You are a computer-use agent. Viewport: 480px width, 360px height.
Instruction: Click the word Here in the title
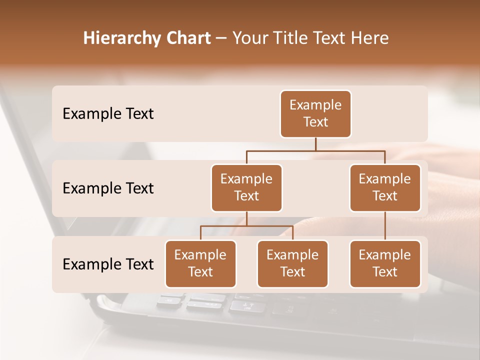pos(370,38)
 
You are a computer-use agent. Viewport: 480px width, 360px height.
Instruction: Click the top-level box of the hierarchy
pos(315,114)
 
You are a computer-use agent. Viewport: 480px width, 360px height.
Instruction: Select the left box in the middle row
pos(246,188)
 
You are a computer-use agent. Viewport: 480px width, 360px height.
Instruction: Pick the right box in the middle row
pos(385,188)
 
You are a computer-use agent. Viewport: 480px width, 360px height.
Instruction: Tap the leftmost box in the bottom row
pos(200,264)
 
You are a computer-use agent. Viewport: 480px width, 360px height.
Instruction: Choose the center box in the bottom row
pos(292,264)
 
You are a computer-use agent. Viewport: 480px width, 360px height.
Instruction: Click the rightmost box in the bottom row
pos(385,264)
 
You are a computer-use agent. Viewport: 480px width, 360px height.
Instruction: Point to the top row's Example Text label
pos(108,114)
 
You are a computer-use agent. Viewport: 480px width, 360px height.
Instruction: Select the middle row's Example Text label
pos(108,188)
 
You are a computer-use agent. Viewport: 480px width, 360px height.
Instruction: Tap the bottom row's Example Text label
pos(108,264)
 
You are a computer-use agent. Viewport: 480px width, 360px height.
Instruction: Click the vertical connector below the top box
pos(315,144)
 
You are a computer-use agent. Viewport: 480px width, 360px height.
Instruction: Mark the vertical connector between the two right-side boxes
pos(385,226)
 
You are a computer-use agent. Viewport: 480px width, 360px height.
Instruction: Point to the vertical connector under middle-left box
pos(246,219)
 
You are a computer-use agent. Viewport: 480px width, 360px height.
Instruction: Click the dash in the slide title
pos(221,38)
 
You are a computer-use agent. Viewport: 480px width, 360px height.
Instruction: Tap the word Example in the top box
pos(315,105)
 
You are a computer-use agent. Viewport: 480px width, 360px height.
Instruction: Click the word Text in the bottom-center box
pos(292,272)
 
